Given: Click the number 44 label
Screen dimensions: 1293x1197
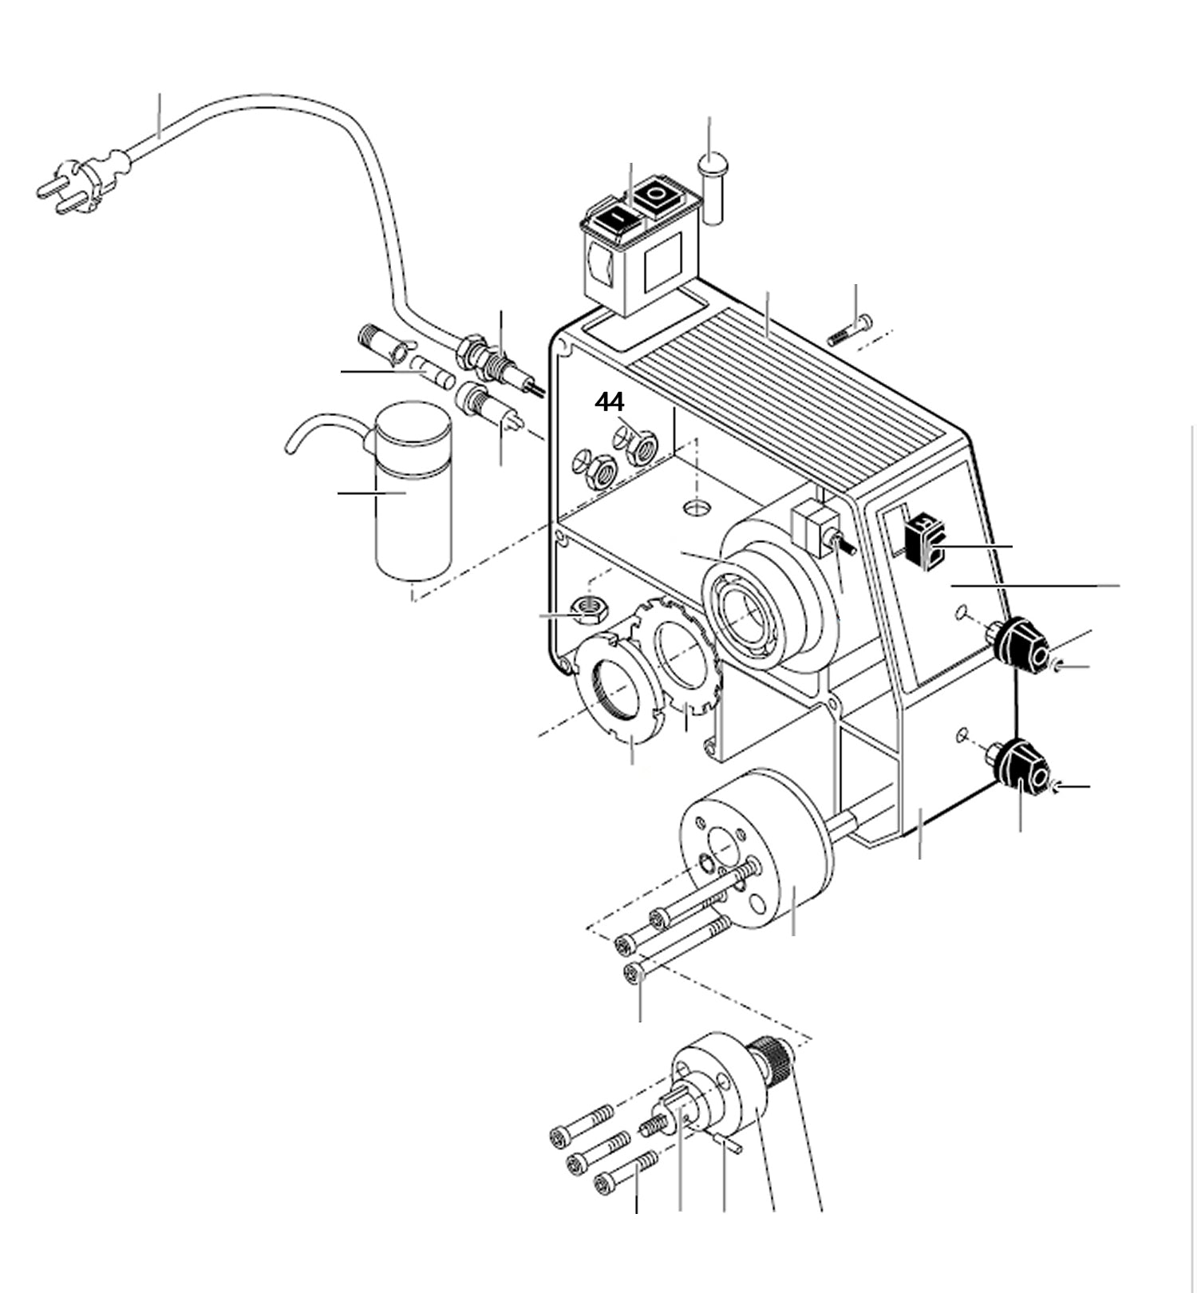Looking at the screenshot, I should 609,402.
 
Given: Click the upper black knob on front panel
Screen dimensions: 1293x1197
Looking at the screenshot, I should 1025,645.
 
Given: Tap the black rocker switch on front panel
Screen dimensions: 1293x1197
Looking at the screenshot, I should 924,543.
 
